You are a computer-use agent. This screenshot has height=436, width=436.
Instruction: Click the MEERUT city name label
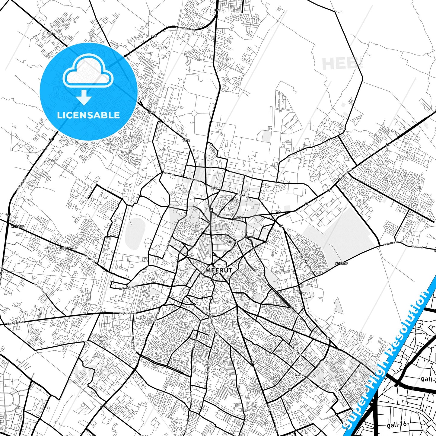coord(218,270)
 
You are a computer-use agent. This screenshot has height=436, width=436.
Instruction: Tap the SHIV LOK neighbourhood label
coord(232,242)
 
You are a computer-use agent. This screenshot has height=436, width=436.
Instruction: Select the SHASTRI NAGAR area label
coord(299,376)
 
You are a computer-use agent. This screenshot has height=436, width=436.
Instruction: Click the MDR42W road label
coord(341,263)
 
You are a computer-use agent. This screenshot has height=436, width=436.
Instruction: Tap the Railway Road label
coord(128,287)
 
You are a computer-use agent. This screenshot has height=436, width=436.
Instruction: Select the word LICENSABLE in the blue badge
coord(88,115)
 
